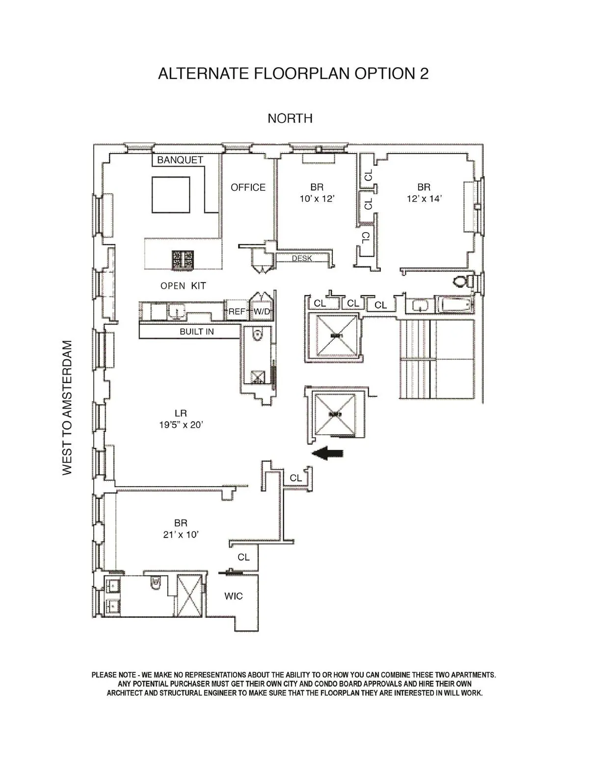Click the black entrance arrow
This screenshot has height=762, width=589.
point(328,454)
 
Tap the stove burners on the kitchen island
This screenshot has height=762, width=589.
point(183,260)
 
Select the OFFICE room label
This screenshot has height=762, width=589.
point(248,187)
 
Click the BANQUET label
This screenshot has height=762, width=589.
point(180,160)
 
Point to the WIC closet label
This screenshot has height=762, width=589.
point(233,596)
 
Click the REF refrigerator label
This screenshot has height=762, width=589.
point(237,312)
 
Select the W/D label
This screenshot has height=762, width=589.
point(262,312)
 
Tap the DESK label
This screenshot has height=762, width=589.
point(301,258)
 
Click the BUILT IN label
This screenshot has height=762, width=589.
point(196,332)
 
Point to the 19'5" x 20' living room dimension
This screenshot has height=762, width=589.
point(181,425)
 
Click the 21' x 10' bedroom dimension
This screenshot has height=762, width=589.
point(181,535)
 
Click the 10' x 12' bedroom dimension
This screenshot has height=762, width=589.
point(317,199)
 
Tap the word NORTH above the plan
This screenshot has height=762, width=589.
point(290,118)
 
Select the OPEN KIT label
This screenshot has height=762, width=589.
point(183,286)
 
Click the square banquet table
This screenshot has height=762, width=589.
point(171,195)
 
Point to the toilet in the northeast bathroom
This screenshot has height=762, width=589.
point(461,281)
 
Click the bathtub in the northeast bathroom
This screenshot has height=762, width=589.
point(456,305)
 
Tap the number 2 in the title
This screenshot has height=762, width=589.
point(424,74)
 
